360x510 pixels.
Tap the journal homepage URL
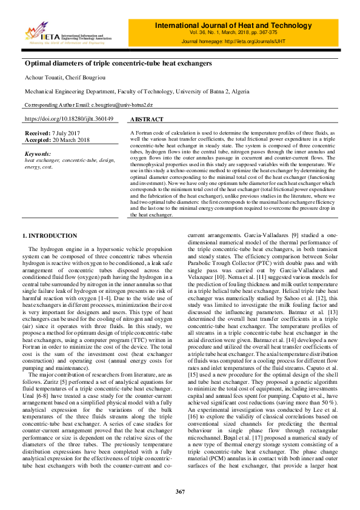(x=266, y=41)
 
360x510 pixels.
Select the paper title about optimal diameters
(x=118, y=63)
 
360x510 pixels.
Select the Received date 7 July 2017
(x=65, y=132)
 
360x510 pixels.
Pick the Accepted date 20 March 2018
(x=70, y=139)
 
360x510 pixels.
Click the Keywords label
(x=38, y=154)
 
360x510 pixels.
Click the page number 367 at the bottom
(x=179, y=491)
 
